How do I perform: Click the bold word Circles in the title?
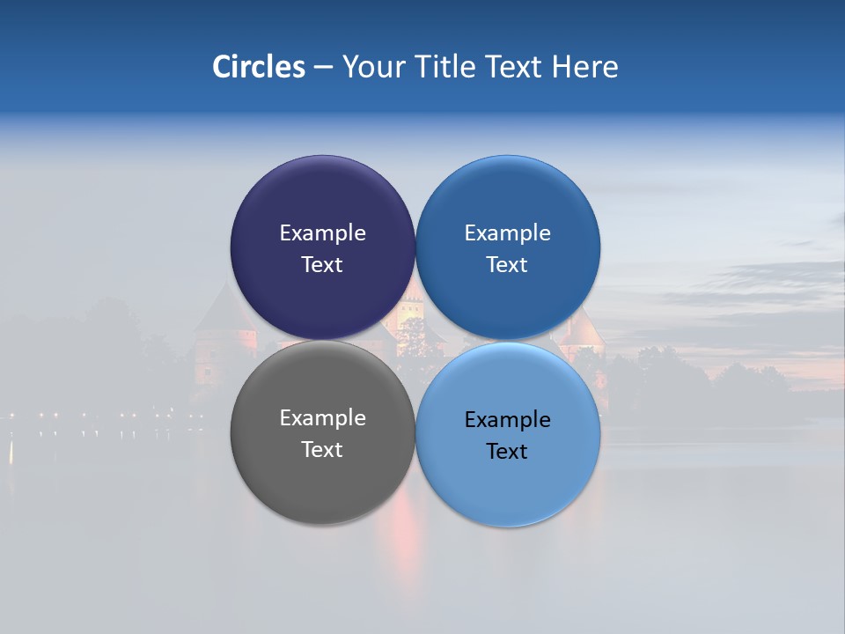point(259,67)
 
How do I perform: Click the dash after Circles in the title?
point(323,68)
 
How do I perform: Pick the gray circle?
point(322,480)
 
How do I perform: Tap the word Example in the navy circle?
point(322,233)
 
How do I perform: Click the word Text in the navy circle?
point(322,265)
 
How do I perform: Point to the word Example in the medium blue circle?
point(508,233)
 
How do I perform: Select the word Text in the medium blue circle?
point(508,265)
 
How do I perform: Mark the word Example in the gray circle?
point(322,418)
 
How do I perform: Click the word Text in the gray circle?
point(322,450)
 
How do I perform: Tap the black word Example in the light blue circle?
point(508,420)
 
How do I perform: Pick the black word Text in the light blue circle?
point(508,452)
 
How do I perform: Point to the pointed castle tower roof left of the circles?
point(219,308)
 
